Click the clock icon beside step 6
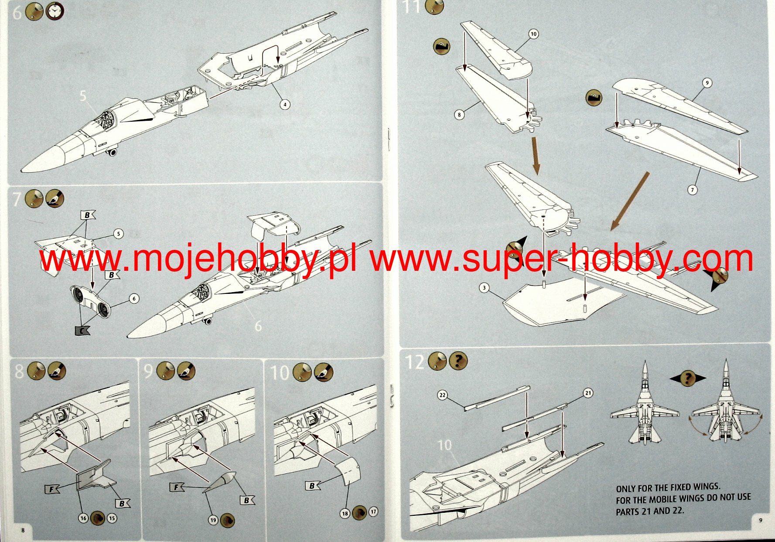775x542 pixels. (54, 11)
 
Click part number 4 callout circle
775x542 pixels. (285, 104)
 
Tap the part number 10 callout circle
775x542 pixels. (533, 34)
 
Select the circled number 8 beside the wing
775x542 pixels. (459, 115)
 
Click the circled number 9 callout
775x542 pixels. (707, 83)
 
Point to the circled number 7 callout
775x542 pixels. (692, 190)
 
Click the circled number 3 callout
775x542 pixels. (484, 288)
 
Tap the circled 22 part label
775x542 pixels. (443, 395)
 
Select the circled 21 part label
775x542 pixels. (588, 393)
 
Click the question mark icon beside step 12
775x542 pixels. (458, 361)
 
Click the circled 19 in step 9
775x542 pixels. (213, 520)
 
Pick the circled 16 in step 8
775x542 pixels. (83, 518)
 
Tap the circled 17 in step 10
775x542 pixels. (373, 511)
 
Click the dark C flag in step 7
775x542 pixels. (82, 331)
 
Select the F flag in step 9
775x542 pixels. (176, 487)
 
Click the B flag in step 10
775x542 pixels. (312, 485)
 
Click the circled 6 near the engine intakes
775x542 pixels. (134, 298)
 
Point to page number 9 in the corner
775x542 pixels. (761, 520)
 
